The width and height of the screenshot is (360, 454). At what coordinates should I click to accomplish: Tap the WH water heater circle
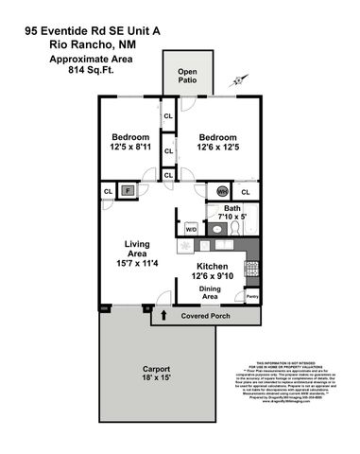[223, 191]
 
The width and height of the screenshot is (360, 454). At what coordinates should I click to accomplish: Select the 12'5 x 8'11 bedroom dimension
[128, 147]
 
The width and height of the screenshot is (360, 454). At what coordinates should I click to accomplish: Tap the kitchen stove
[250, 270]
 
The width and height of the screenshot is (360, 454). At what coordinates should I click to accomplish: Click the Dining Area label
[210, 292]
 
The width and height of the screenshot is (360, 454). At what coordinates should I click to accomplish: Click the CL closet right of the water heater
[245, 192]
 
